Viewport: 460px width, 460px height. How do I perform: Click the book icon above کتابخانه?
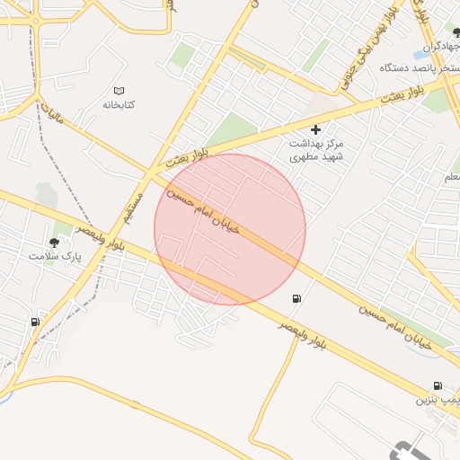pyautogui.click(x=119, y=90)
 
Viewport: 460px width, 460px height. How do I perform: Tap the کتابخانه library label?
pyautogui.click(x=118, y=105)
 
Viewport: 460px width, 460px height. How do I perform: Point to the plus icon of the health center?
pyautogui.click(x=315, y=129)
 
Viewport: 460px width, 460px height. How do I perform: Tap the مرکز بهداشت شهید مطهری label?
pyautogui.click(x=315, y=150)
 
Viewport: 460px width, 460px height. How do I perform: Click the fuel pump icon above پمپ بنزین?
pyautogui.click(x=438, y=385)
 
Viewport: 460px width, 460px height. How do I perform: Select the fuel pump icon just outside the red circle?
pyautogui.click(x=297, y=299)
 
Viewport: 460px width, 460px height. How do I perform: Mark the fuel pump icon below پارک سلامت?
pyautogui.click(x=35, y=322)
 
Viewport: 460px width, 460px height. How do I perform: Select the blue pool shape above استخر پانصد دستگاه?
pyautogui.click(x=420, y=54)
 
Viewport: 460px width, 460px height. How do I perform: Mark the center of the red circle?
pyautogui.click(x=230, y=229)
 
